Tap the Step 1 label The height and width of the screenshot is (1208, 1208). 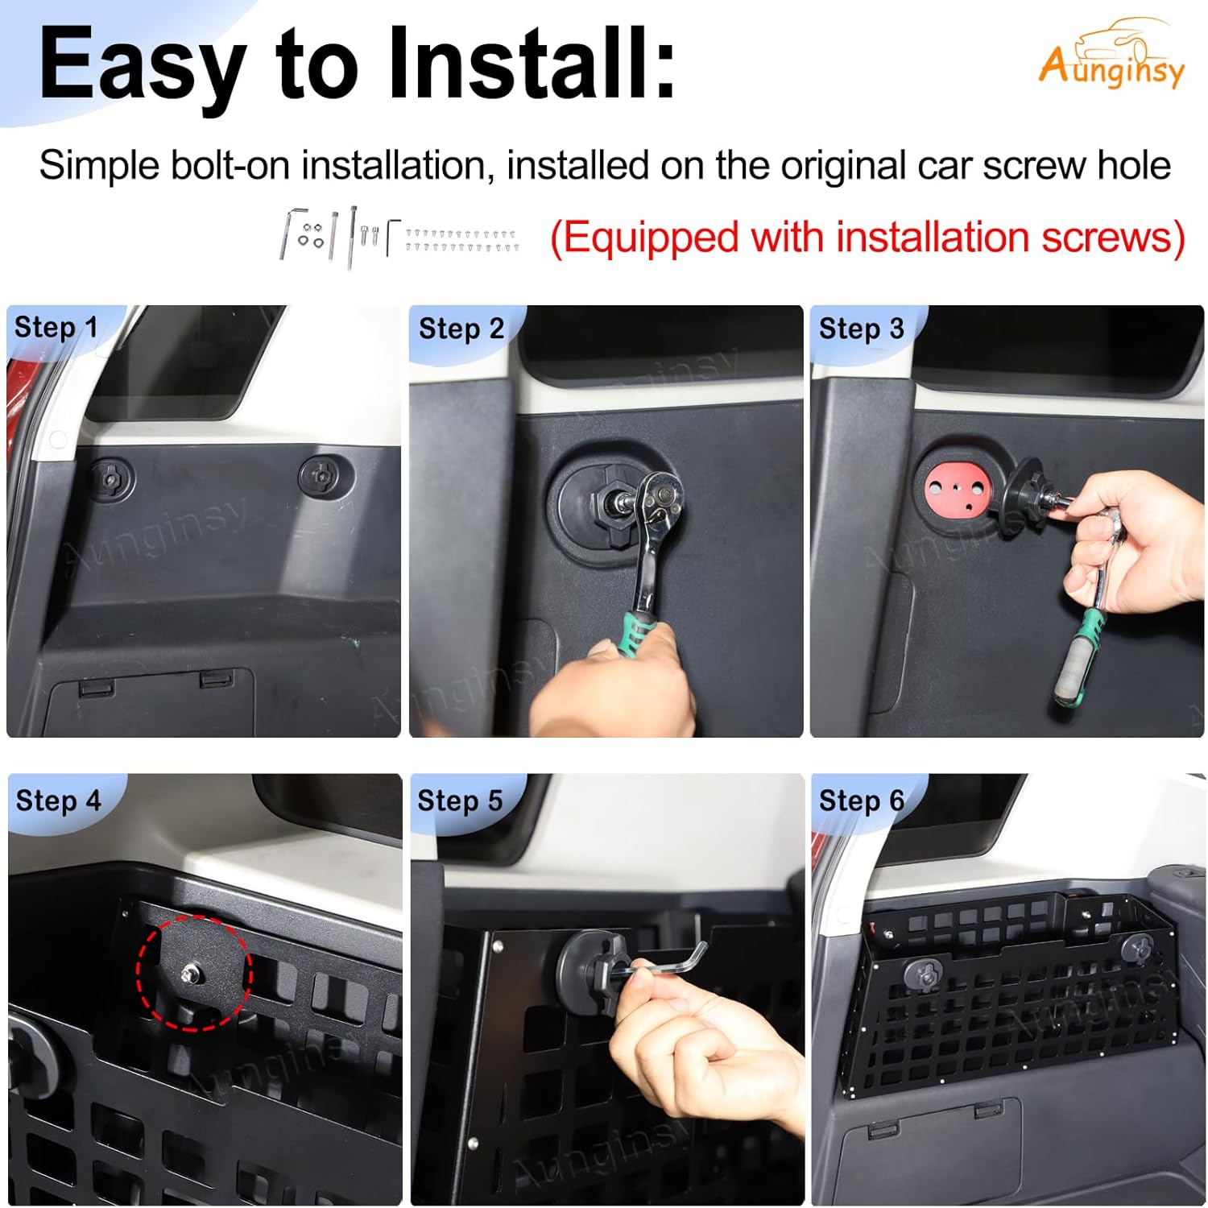point(56,328)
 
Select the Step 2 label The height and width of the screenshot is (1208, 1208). point(461,329)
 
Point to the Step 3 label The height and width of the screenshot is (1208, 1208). point(861,329)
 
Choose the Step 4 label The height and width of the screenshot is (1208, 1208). point(58,801)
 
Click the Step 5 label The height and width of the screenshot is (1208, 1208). point(459,801)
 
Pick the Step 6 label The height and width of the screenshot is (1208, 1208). point(861,801)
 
